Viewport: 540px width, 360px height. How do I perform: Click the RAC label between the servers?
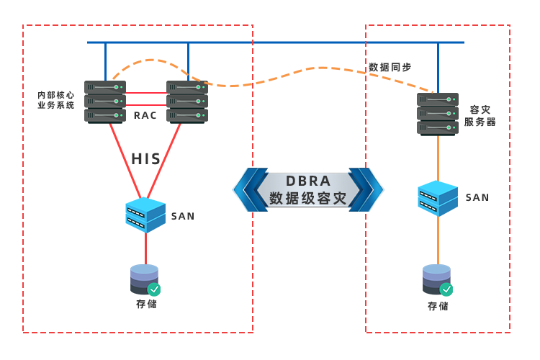coord(145,115)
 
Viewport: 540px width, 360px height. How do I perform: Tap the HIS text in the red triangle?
coord(146,159)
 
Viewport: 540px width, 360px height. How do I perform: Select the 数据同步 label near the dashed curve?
coord(390,67)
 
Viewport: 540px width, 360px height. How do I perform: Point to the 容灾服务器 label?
coord(480,116)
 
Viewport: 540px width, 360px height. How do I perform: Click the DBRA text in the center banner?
coord(308,180)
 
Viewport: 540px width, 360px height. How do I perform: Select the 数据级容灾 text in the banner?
coord(308,199)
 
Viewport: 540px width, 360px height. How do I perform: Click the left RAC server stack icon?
coord(105,102)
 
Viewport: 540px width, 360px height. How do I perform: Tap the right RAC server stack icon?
coord(187,102)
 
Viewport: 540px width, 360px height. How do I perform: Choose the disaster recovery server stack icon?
coord(438,114)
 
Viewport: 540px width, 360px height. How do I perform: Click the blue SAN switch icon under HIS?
coord(146,215)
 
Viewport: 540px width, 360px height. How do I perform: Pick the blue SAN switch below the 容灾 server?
coord(438,198)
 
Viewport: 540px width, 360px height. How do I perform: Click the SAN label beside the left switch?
coord(183,216)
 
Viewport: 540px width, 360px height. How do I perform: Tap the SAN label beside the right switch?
coord(477,197)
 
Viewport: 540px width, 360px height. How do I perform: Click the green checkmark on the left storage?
coord(154,289)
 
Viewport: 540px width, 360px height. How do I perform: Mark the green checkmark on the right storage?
coord(446,289)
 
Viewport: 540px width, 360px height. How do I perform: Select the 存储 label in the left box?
coord(146,304)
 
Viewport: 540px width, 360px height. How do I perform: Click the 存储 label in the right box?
coord(438,306)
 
